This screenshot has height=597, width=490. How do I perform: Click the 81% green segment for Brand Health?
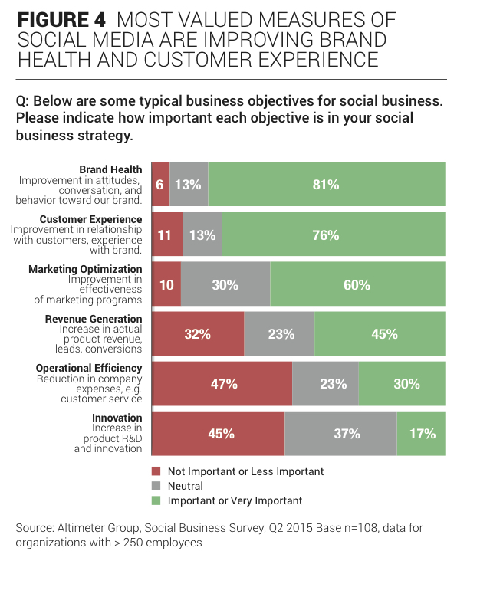326,185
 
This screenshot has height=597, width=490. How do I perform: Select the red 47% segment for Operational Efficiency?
222,384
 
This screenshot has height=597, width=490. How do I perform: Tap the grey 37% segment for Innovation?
340,434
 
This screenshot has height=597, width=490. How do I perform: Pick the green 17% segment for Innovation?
421,434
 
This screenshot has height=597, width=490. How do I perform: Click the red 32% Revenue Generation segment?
198,334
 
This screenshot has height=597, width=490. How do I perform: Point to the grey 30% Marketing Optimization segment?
225,284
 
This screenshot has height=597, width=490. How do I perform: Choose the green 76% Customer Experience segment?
334,235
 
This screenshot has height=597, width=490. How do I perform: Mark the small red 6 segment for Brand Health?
160,185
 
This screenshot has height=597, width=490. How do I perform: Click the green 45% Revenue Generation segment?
380,334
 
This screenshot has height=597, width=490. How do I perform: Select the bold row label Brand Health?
110,169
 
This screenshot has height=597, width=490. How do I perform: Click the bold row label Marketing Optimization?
85,269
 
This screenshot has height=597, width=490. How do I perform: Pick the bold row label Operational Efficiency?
88,368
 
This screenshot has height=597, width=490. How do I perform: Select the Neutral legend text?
185,486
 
